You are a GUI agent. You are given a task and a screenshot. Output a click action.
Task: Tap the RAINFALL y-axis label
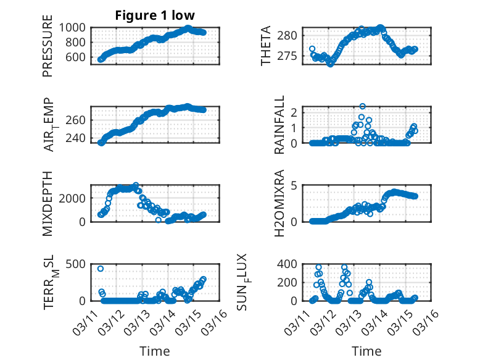(279, 125)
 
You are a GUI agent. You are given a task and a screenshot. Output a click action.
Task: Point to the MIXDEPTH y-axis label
(48, 203)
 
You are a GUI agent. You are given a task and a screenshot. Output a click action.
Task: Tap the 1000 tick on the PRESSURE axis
(74, 28)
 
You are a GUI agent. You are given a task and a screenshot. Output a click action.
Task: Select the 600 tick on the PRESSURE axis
(77, 57)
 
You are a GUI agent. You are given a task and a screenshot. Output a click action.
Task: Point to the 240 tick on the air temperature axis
(77, 138)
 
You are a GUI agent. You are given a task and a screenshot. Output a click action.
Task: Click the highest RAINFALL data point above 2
(363, 106)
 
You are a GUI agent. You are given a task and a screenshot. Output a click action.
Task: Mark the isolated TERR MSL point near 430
(101, 269)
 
